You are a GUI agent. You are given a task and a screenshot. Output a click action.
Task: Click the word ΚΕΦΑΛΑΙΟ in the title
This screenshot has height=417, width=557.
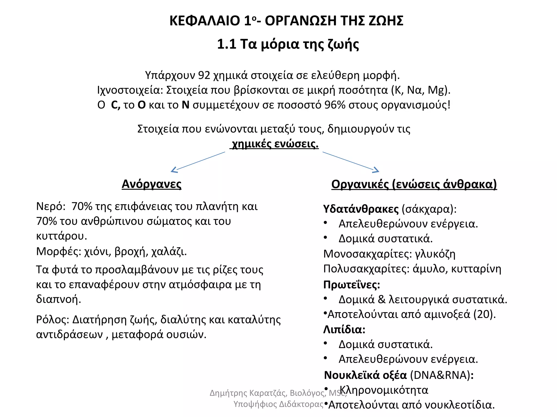pos(205,21)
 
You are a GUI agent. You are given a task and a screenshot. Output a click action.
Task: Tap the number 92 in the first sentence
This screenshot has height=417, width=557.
pos(204,75)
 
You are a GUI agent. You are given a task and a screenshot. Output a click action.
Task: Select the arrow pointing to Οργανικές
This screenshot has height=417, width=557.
pos(351,162)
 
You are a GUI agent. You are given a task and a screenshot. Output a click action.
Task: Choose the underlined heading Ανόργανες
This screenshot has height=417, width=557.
pos(151,184)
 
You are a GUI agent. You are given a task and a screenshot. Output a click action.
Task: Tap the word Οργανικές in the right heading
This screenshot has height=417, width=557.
pos(360,184)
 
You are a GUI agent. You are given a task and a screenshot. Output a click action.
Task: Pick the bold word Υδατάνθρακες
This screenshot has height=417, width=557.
pos(361,209)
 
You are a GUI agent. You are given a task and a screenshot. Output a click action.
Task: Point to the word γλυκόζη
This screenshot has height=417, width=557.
pos(435,254)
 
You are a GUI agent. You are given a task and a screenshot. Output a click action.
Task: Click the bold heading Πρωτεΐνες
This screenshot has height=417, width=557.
pos(351,285)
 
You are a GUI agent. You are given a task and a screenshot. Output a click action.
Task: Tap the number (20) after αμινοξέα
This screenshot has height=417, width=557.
pos(484,314)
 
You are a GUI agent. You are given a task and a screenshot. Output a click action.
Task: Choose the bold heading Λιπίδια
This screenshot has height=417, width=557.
pos(344,330)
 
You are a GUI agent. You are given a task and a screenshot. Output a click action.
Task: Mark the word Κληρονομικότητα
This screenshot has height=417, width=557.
pos(384,390)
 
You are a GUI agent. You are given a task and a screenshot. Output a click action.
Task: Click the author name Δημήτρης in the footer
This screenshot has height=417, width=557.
pos(228,393)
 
